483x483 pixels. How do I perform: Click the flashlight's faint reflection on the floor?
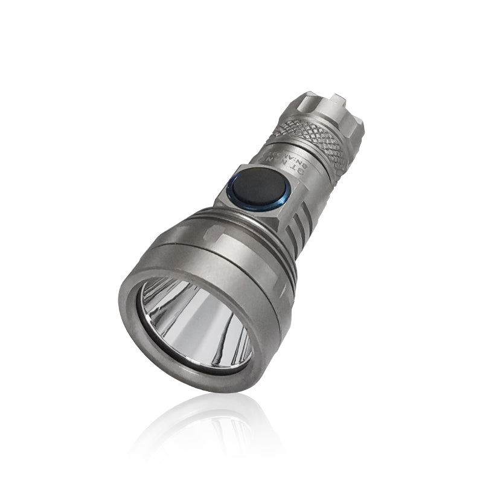click(199, 435)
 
